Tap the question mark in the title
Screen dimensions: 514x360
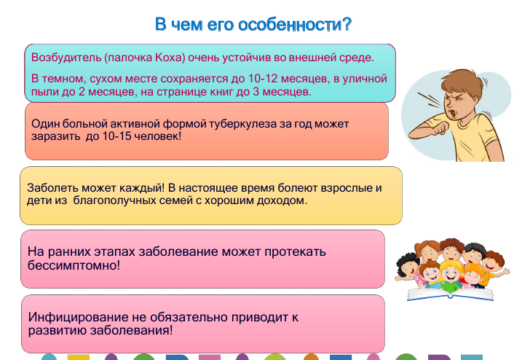347,24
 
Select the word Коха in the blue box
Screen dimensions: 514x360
168,58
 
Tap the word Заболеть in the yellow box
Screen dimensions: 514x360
52,188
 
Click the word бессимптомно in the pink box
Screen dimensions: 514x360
74,265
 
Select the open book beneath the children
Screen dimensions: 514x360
450,294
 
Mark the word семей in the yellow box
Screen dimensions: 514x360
177,200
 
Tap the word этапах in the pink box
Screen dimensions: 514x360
114,252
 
